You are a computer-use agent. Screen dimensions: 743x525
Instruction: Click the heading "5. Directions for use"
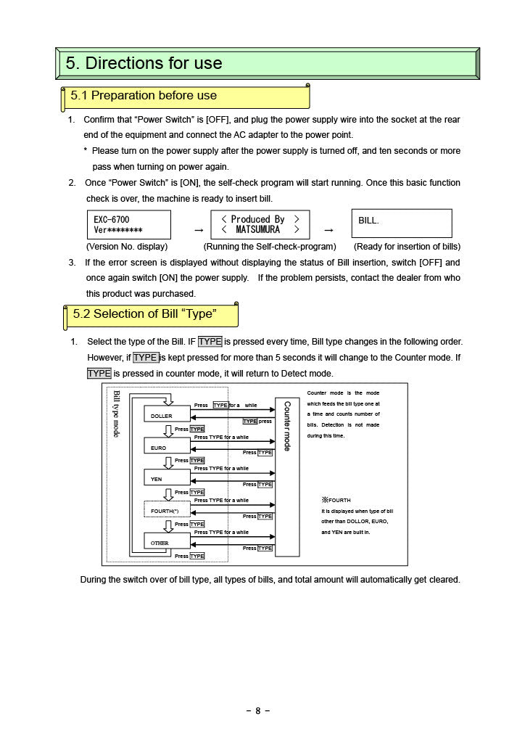pos(144,63)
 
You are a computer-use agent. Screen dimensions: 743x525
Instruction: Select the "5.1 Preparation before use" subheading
pos(144,96)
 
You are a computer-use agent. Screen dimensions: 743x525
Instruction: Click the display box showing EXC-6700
pos(128,224)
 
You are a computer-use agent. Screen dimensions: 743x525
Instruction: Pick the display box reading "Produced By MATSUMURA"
pos(260,224)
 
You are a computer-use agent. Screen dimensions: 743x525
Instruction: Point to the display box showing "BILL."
pos(401,223)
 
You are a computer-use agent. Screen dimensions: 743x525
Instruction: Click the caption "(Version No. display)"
pos(127,247)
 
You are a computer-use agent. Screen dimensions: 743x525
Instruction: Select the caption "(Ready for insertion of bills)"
pos(407,247)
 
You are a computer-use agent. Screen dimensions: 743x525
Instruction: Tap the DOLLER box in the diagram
pos(167,415)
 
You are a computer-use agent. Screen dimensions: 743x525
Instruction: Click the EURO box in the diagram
pos(167,448)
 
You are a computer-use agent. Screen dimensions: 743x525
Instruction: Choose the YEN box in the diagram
pos(167,479)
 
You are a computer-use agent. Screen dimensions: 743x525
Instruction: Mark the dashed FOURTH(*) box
pos(167,511)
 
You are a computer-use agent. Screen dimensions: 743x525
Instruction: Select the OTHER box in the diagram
pos(167,543)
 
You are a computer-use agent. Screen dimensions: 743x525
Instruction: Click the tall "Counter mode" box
pos(287,476)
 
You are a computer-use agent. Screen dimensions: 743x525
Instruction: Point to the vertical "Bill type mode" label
pos(116,414)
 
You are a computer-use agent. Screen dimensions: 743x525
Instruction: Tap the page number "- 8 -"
pos(258,711)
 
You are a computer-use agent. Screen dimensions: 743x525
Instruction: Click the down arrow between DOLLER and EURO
pos(168,431)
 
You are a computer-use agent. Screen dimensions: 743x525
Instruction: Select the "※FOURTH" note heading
pos(336,500)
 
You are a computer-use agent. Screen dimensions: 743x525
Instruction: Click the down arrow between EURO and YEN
pos(168,463)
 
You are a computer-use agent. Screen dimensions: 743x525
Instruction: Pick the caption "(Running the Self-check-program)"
pos(270,247)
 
